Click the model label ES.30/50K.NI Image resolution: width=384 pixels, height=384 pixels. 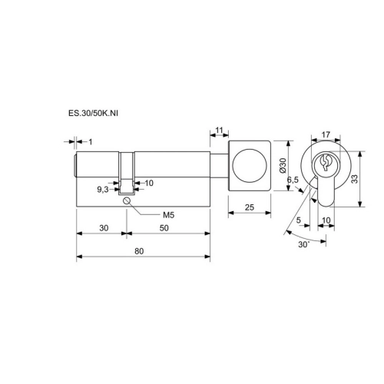93,114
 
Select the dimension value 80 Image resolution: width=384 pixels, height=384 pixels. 139,251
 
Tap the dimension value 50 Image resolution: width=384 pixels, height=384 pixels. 164,228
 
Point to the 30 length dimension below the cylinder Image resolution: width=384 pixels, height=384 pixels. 104,228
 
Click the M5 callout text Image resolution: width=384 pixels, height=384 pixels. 169,215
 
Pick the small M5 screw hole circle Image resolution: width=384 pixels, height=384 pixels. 127,201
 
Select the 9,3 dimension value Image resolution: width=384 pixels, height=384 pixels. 103,190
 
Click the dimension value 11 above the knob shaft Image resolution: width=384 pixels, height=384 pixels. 219,131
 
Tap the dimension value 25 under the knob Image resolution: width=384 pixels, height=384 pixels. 250,207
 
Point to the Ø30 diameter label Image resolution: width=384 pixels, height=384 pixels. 283,165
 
